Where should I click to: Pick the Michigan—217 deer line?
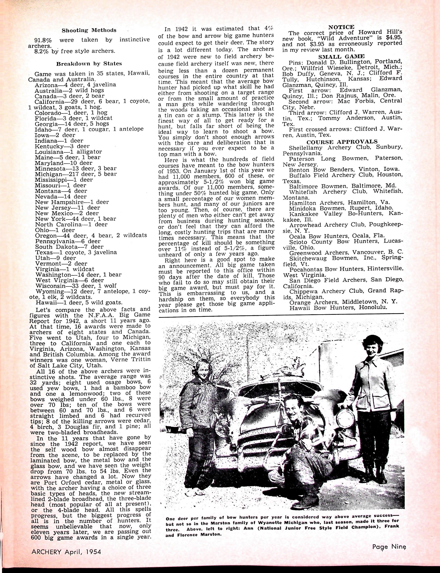76,174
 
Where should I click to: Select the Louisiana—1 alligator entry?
68,152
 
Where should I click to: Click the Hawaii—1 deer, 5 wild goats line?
79,303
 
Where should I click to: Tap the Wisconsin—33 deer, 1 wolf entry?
76,286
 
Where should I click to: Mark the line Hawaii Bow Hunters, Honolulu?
338,308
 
